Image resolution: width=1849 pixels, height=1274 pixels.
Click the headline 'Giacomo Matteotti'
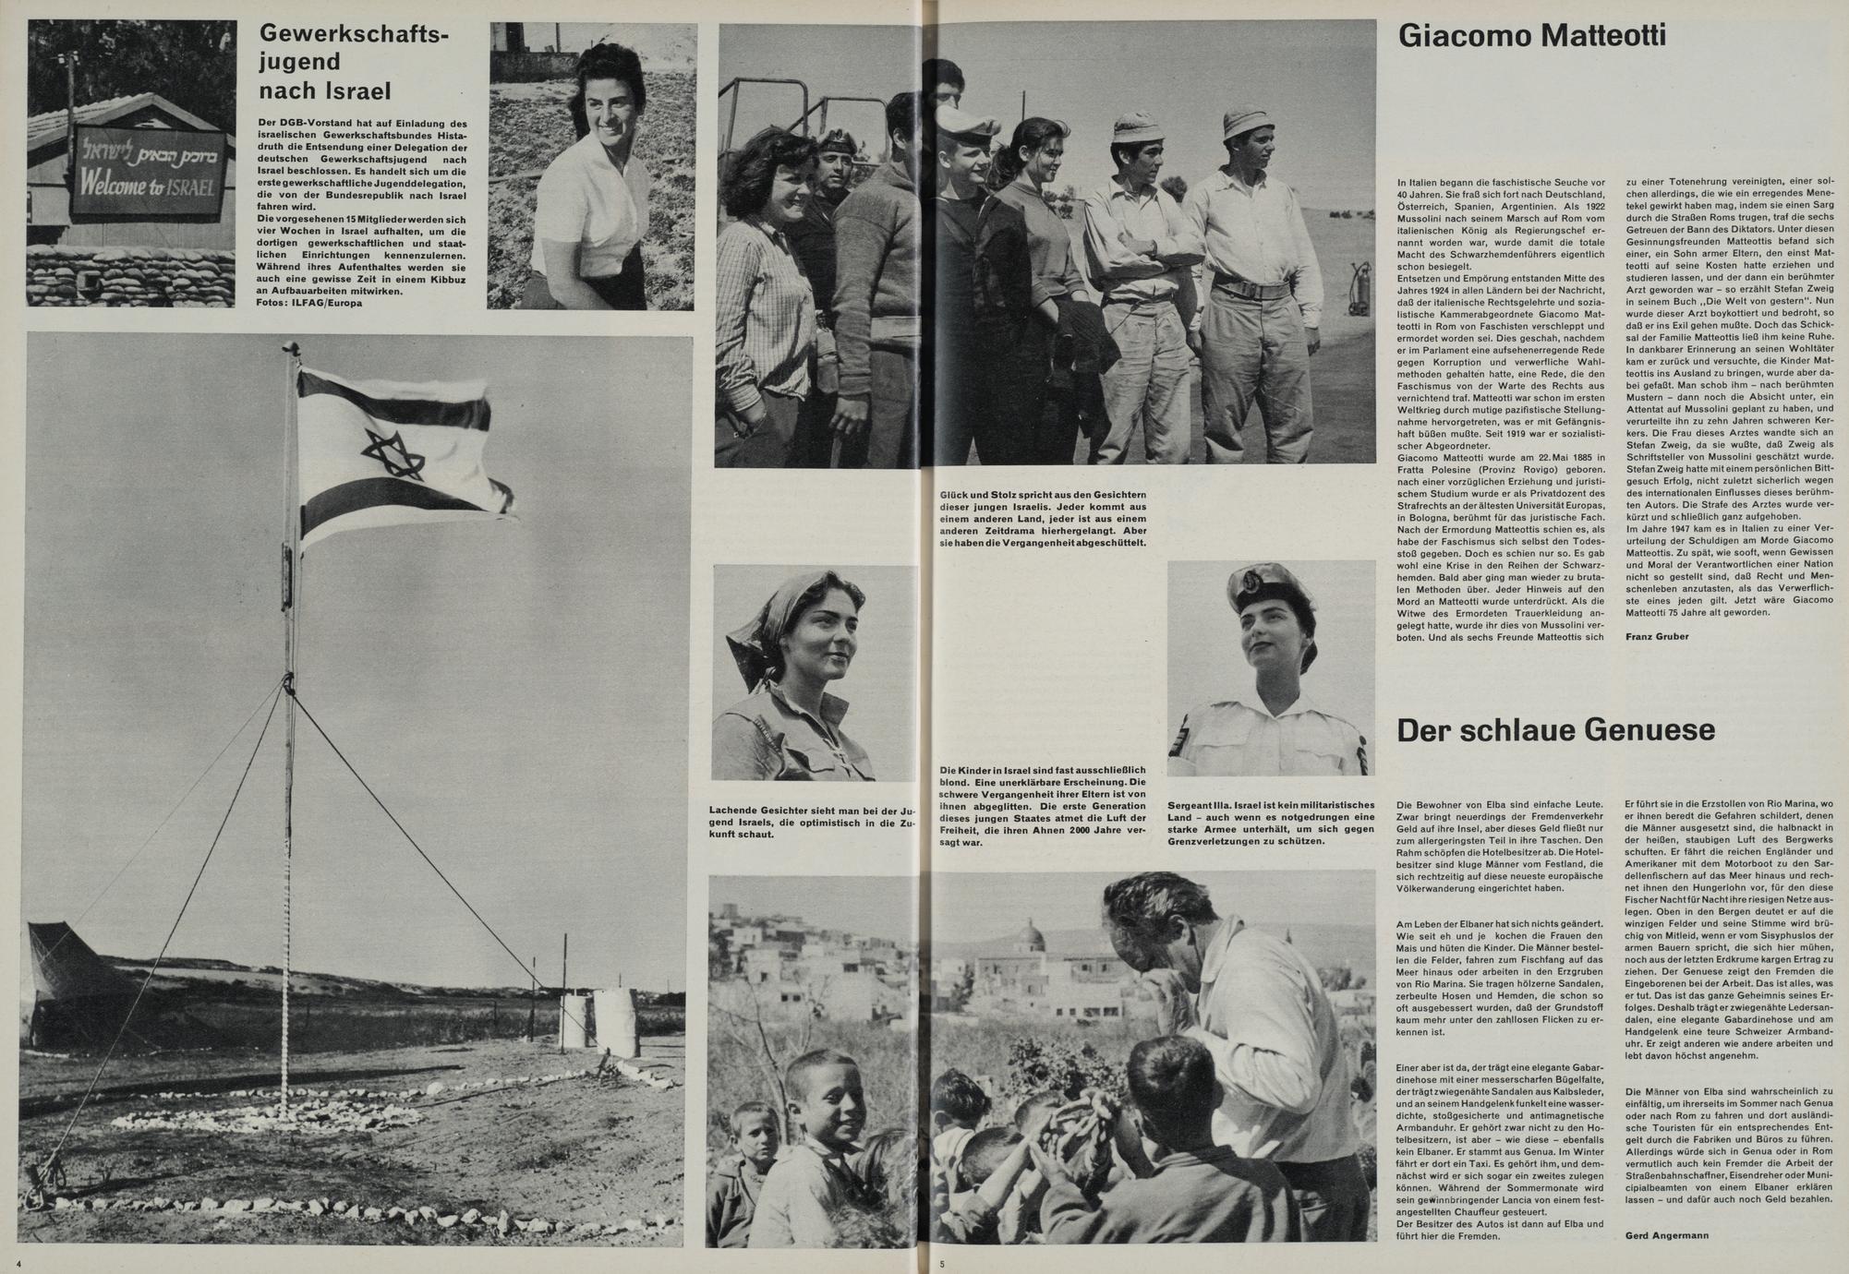[1531, 37]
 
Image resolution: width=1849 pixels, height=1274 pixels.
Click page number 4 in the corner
[18, 1261]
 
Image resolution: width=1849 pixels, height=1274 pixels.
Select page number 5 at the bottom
[942, 1263]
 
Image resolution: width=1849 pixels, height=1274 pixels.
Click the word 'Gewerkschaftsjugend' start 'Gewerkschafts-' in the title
[354, 35]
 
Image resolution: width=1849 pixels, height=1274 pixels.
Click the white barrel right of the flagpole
[615, 1023]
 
